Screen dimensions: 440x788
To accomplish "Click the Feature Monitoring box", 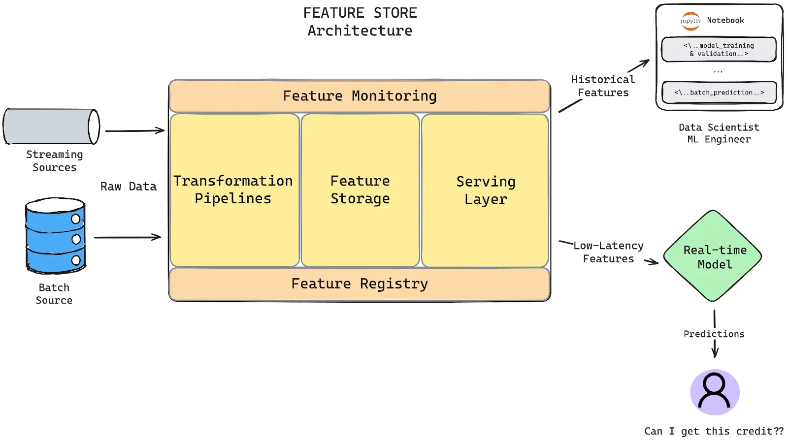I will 360,96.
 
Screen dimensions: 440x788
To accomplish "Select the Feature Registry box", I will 360,284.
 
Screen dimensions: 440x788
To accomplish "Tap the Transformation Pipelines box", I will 234,190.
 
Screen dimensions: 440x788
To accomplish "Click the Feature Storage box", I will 360,190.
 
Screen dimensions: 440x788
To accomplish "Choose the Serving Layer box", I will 485,190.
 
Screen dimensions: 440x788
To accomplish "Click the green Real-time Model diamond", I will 714,256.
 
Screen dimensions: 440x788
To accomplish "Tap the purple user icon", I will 715,391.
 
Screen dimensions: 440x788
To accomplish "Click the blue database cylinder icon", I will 55,236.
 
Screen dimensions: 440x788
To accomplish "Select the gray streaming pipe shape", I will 51,126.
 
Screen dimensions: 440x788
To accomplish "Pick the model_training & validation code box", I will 719,50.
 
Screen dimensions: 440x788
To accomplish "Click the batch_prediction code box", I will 719,93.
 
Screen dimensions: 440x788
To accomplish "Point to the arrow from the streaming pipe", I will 133,131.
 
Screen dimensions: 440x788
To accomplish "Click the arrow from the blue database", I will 126,238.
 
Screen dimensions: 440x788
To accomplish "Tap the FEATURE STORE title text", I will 360,13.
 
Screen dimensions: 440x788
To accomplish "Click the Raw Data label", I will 128,187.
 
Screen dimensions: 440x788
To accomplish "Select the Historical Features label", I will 603,86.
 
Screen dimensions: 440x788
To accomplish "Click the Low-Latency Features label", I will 608,252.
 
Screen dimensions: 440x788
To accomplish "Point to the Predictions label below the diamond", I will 713,333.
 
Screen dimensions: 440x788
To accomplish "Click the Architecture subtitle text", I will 360,31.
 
